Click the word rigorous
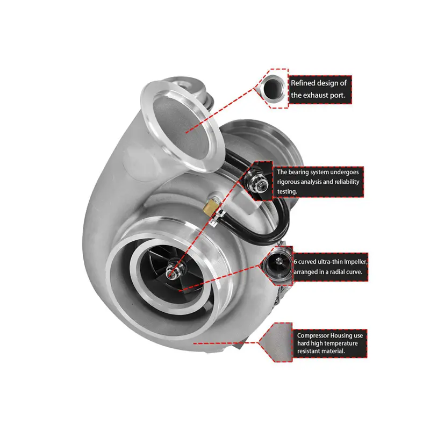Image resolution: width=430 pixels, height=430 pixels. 291,182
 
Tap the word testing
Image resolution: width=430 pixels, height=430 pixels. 288,191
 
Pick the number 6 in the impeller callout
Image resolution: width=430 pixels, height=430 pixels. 296,262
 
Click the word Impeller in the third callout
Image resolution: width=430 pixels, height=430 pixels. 351,262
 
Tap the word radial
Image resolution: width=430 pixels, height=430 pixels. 332,271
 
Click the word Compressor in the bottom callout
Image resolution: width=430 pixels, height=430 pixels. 316,335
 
